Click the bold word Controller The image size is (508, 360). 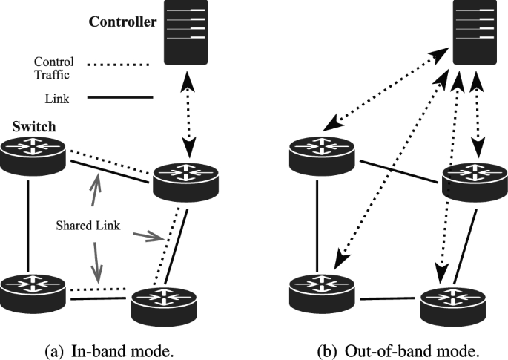[122, 22]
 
